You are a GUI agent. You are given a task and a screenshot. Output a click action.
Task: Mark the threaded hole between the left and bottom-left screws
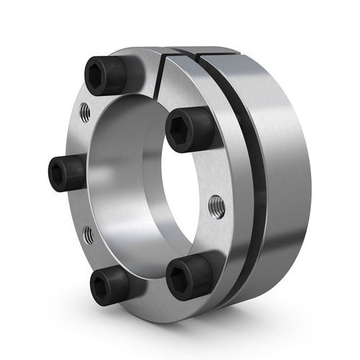[x=87, y=233]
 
